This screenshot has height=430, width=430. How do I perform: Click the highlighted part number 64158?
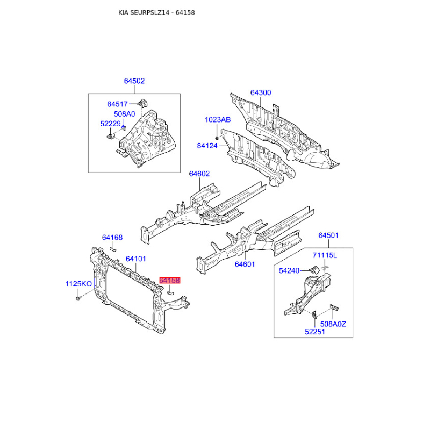(170, 280)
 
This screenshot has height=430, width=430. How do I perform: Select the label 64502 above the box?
(134, 81)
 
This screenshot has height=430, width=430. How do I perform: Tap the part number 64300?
(261, 92)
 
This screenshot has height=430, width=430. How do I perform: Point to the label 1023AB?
(218, 119)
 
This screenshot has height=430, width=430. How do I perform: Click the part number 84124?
(207, 146)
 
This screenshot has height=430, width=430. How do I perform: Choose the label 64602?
(199, 174)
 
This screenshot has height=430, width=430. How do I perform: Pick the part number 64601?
(245, 264)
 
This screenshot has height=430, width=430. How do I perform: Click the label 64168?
(112, 237)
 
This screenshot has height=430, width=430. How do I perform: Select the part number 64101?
(136, 259)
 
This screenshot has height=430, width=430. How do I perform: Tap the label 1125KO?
(78, 284)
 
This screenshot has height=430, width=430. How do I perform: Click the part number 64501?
(328, 235)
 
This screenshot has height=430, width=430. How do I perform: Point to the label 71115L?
(325, 255)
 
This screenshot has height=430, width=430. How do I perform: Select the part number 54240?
(289, 271)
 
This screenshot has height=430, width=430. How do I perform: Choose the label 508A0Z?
(333, 324)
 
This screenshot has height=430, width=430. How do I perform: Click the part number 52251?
(315, 332)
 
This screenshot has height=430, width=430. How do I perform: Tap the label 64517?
(117, 104)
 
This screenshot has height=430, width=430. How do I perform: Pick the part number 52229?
(111, 124)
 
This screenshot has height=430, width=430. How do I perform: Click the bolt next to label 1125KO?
(78, 298)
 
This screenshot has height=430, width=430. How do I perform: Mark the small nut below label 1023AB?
(217, 137)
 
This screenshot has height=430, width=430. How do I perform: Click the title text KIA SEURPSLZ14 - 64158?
(156, 12)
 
